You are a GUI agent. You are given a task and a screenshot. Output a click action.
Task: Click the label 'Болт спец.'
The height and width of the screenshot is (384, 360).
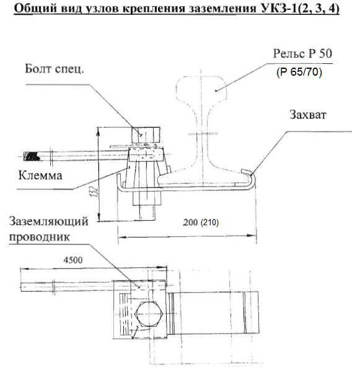(55, 69)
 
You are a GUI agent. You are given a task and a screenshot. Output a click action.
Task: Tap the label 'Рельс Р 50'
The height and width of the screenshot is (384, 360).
(302, 53)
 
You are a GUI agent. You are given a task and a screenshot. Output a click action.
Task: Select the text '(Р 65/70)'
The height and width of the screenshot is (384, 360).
(299, 72)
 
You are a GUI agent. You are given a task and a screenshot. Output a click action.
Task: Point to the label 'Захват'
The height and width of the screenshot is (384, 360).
(308, 115)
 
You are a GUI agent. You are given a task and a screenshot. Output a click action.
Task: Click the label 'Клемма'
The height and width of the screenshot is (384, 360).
(40, 176)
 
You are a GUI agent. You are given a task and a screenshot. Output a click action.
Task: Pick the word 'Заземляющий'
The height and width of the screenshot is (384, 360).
(49, 221)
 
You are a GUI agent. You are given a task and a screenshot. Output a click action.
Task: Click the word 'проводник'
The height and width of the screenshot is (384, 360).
(40, 237)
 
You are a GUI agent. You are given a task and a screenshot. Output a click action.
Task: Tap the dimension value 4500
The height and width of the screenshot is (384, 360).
(73, 260)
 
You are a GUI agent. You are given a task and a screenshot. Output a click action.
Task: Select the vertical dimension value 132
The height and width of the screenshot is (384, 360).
(95, 192)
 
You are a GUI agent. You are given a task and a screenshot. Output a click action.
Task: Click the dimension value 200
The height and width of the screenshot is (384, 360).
(190, 222)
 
